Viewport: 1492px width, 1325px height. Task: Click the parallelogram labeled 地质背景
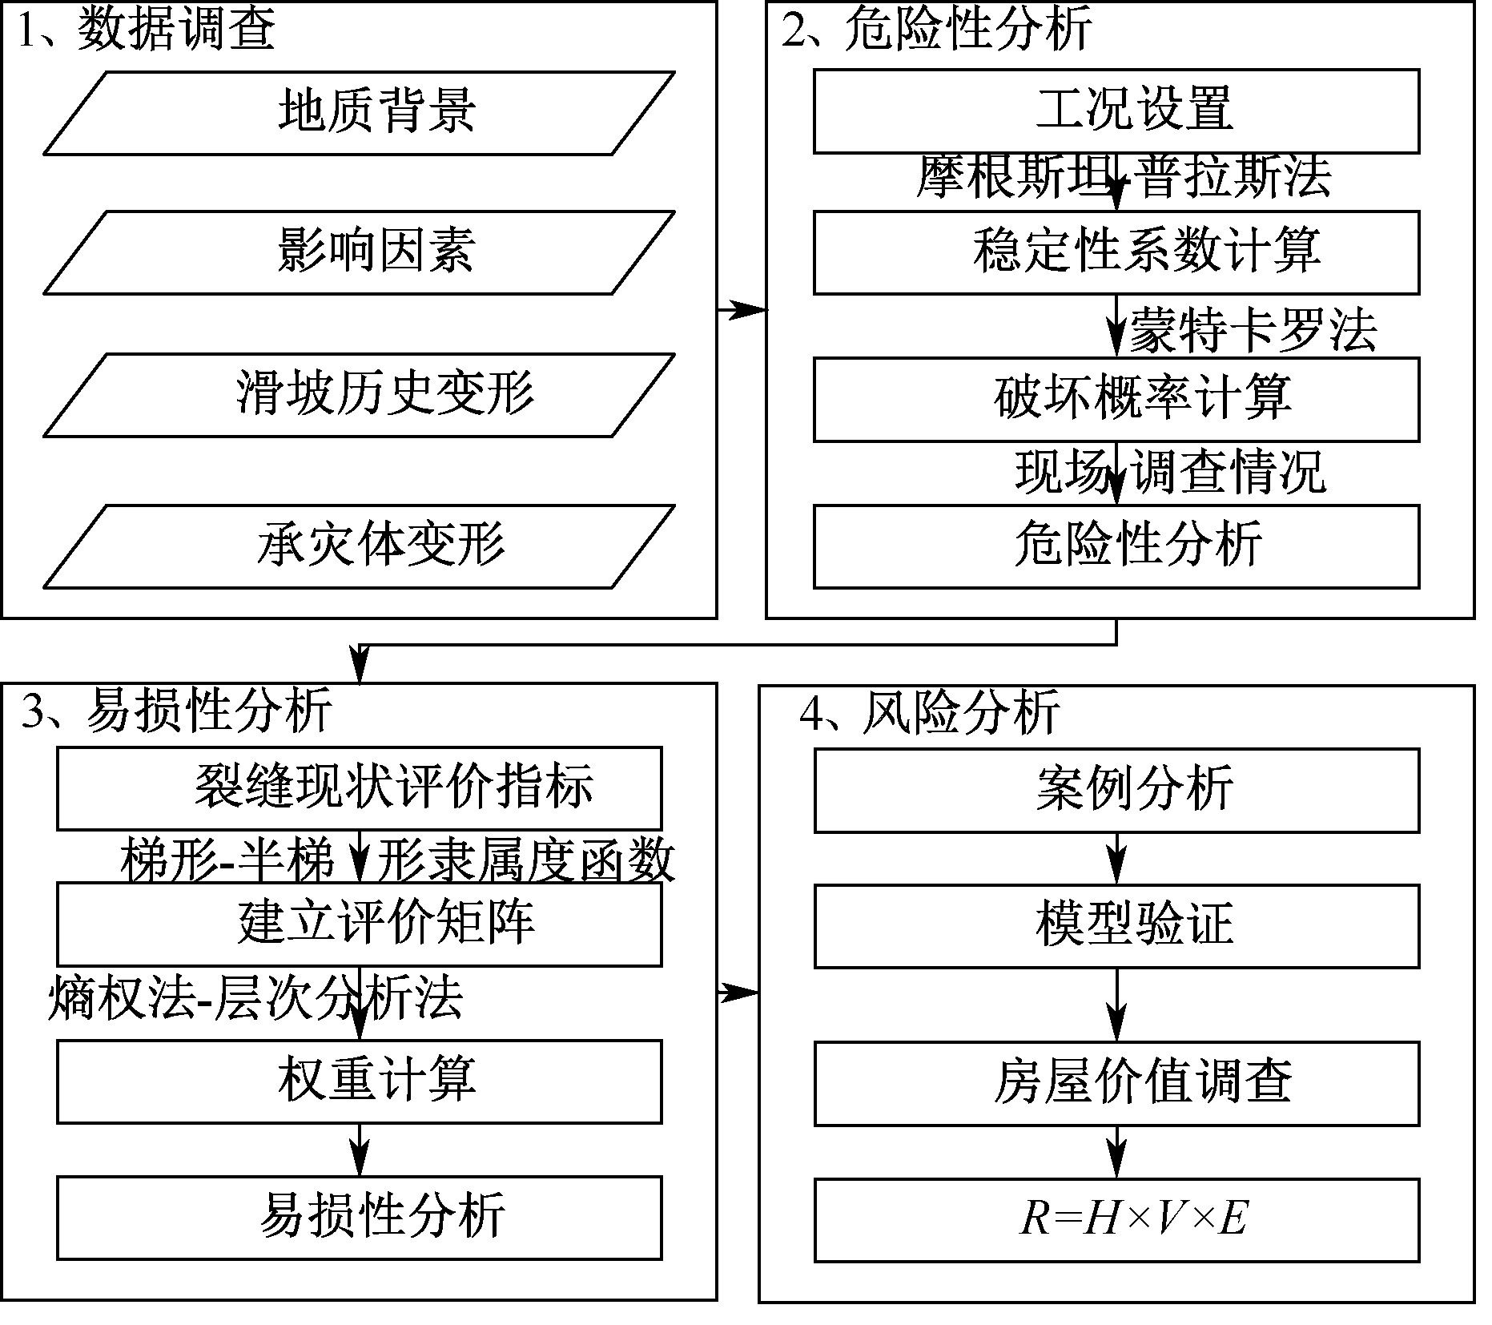coord(359,113)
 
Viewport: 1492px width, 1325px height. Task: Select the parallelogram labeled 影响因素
coord(359,252)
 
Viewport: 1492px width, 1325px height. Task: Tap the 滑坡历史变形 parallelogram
coord(359,395)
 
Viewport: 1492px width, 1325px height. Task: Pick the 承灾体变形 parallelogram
coord(359,546)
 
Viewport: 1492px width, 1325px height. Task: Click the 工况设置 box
coord(1116,111)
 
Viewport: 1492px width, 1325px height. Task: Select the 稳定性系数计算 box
coord(1116,252)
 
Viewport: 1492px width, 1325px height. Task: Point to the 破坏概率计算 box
coord(1116,399)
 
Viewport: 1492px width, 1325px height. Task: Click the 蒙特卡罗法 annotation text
coord(1253,329)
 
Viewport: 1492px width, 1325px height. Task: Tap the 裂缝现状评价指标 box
coord(359,788)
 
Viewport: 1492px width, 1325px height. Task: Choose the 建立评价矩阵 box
coord(359,924)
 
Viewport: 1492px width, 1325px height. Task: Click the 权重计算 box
coord(359,1081)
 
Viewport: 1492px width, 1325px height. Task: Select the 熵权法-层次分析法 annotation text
coord(255,998)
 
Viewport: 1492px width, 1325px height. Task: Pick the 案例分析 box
coord(1116,790)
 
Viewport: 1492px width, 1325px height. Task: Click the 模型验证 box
coord(1116,925)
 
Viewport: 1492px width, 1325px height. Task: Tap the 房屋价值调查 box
coord(1116,1083)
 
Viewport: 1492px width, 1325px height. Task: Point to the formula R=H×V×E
coord(1132,1219)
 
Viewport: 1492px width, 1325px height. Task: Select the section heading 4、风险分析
coord(930,711)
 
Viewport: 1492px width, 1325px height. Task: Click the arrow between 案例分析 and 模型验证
coord(1116,859)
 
